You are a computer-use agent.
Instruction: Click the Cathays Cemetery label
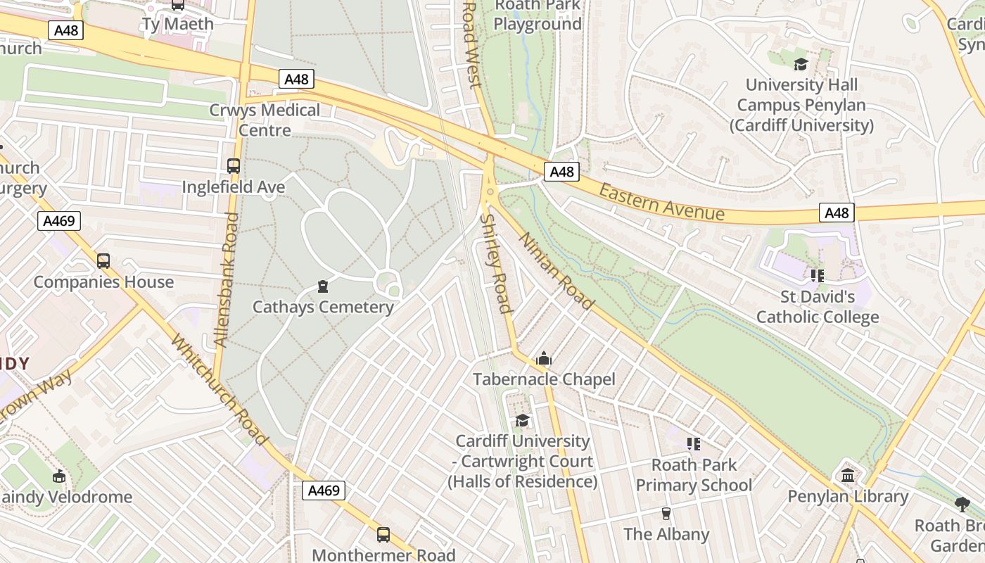(x=323, y=307)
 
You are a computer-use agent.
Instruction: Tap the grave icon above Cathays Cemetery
(x=323, y=286)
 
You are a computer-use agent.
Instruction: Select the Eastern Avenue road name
(x=661, y=202)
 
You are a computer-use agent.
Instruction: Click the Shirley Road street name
(x=495, y=263)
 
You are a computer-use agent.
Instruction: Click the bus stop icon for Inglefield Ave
(x=234, y=166)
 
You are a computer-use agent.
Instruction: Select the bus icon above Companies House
(x=103, y=261)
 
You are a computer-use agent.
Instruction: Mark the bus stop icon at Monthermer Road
(x=383, y=535)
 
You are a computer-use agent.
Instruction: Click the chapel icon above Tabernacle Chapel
(x=543, y=359)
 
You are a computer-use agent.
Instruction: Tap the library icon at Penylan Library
(x=848, y=475)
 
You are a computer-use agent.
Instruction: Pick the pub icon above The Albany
(x=666, y=513)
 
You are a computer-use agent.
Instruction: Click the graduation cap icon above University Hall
(x=801, y=65)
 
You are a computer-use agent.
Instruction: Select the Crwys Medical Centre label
(x=265, y=120)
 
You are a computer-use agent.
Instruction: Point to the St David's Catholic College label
(x=818, y=307)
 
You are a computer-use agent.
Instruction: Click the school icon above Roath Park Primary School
(x=694, y=443)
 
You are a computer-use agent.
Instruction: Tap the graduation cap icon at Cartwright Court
(x=522, y=420)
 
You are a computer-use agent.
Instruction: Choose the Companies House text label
(x=103, y=282)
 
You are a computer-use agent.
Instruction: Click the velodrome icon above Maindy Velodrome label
(x=59, y=476)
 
